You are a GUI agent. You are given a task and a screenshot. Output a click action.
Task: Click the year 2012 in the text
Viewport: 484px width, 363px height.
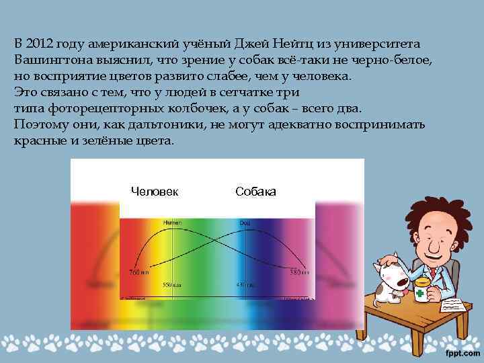(x=39, y=44)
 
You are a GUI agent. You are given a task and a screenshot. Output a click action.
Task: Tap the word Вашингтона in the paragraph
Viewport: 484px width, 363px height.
(x=50, y=60)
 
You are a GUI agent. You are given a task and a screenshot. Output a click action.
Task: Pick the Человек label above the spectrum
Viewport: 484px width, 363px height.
(x=155, y=192)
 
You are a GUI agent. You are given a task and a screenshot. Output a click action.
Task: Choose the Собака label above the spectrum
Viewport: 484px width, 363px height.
(x=255, y=192)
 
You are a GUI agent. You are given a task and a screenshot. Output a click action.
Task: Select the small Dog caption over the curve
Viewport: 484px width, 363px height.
(x=244, y=223)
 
